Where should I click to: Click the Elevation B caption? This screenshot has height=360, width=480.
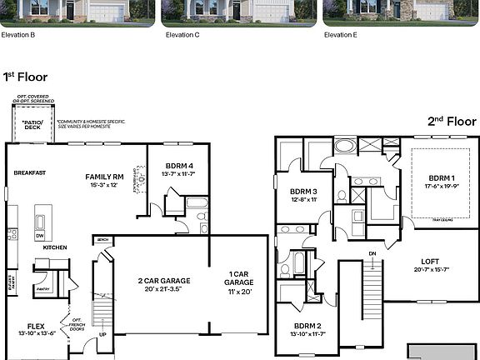point(17,35)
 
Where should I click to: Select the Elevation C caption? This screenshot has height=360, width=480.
point(182,35)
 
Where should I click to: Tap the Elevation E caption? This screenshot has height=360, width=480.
point(339,35)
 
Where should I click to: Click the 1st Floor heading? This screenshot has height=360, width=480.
point(22,76)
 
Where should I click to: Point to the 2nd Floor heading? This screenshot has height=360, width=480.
point(452,122)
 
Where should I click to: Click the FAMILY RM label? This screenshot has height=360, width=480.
point(105,177)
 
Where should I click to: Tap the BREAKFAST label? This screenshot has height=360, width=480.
point(29,172)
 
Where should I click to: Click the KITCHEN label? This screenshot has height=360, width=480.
point(55,247)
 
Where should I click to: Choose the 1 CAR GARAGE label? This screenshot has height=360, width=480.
point(238,278)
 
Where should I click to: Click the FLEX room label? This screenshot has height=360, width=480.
point(36,327)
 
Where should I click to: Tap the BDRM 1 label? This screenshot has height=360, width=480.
point(442,178)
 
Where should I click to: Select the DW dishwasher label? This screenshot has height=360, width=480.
point(39,236)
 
